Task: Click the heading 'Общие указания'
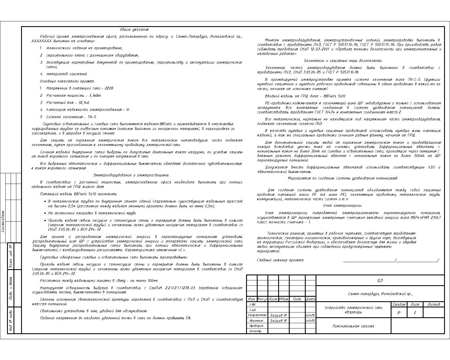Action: tap(134, 30)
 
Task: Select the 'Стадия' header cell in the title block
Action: tap(399, 305)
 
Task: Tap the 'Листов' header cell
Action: tap(434, 305)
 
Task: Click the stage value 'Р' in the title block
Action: tap(399, 313)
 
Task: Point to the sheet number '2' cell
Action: tap(415, 313)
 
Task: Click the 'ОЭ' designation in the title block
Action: tap(380, 281)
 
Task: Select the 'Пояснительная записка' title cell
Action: tap(353, 326)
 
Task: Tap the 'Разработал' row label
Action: tap(257, 315)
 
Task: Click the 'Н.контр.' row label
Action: tap(255, 331)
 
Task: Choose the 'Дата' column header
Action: tap(310, 299)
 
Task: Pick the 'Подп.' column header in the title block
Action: tap(297, 299)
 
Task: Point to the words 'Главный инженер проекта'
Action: tap(280, 260)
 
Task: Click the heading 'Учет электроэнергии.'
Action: tap(342, 206)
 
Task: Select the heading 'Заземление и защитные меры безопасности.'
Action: tap(343, 61)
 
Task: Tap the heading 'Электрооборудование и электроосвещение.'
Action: tap(131, 175)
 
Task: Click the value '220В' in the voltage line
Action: tap(109, 88)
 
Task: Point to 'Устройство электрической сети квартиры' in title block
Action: tap(353, 310)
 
